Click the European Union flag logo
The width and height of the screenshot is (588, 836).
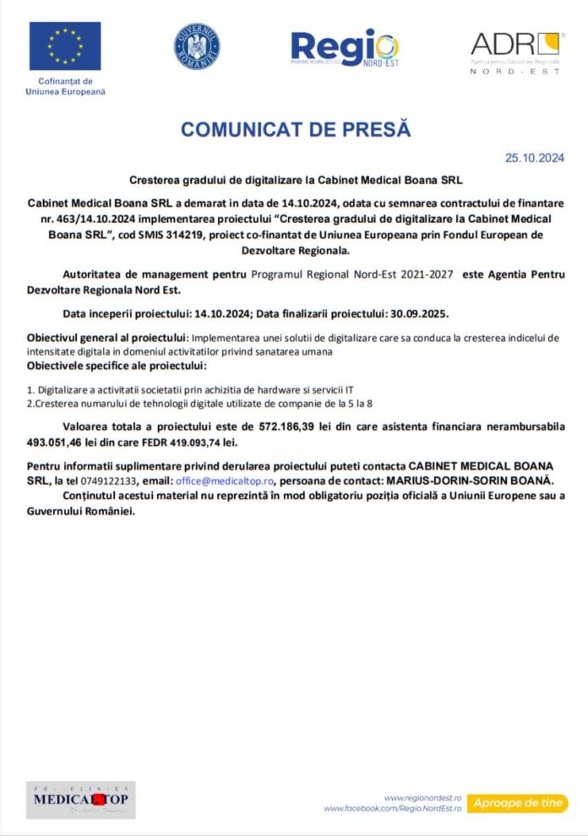[x=65, y=46]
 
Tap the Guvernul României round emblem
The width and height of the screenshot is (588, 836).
[x=197, y=46]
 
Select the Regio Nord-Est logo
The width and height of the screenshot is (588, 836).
[x=344, y=48]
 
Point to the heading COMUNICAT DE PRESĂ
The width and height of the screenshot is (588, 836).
[x=295, y=129]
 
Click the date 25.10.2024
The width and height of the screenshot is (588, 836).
[x=534, y=157]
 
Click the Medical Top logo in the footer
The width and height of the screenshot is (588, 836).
[x=80, y=799]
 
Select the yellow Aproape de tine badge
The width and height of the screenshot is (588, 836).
[x=517, y=803]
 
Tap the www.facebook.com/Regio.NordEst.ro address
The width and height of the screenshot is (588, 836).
[x=393, y=809]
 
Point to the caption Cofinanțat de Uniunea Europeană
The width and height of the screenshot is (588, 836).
[x=65, y=86]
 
